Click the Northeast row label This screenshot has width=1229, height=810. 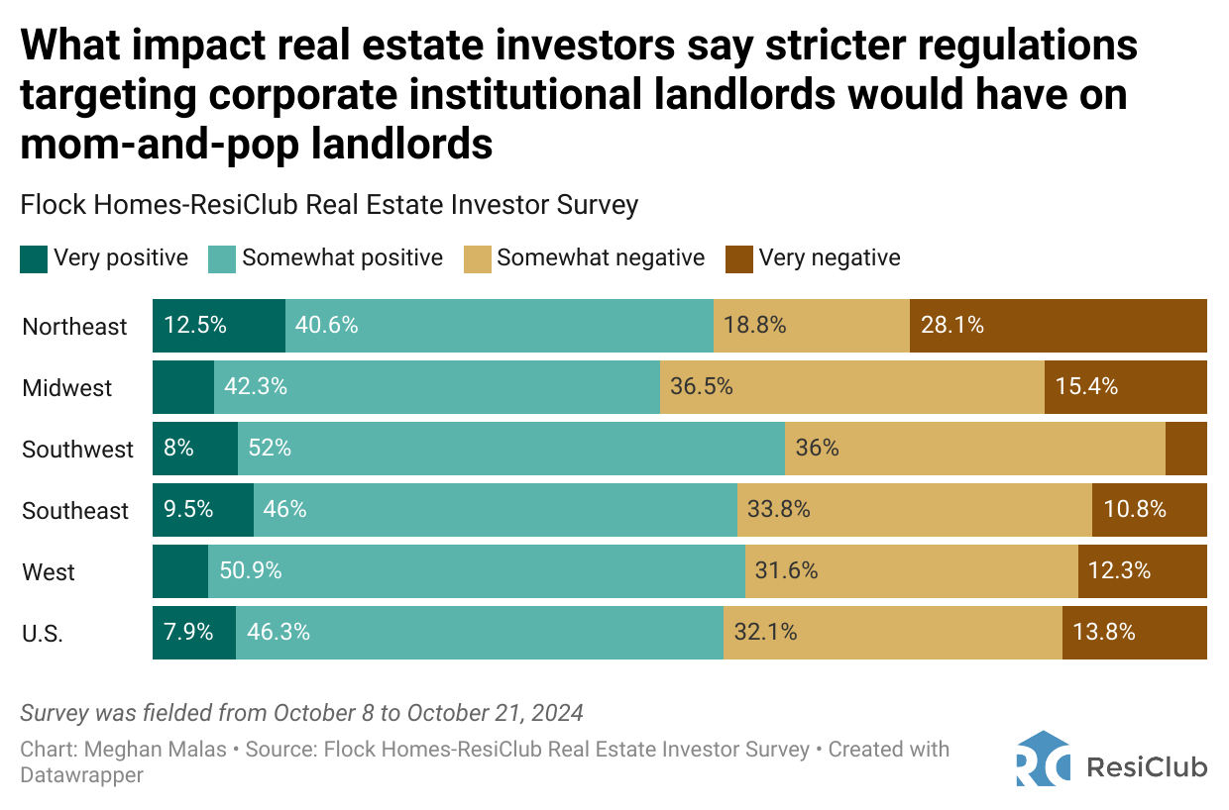pos(74,327)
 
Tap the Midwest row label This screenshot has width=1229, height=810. pos(67,388)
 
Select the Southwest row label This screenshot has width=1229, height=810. pos(77,450)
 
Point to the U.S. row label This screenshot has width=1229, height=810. pos(43,634)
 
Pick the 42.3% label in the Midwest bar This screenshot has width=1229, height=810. pos(256,386)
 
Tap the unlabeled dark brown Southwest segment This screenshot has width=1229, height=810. pos(1185,448)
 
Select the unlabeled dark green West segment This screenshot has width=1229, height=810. pos(180,570)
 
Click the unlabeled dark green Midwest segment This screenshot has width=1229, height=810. pos(183,386)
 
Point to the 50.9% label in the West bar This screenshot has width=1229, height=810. pos(251,570)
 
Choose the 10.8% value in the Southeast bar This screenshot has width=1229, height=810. pos(1135,509)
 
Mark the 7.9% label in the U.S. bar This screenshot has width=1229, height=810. pos(189,632)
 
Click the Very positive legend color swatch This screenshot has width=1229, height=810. pos(34,259)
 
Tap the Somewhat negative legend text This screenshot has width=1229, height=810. pos(601,258)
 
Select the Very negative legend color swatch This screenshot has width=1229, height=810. pos(739,259)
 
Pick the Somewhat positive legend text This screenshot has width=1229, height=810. pos(342,258)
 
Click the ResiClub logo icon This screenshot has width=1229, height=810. pos(1043,759)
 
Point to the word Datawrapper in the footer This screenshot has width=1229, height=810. pos(82,775)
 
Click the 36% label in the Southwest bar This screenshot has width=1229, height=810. pos(818,448)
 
